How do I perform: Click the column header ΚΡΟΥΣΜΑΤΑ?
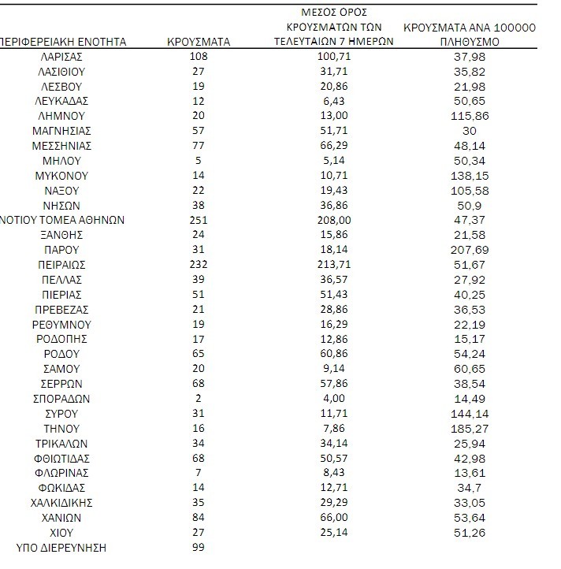tap(199, 42)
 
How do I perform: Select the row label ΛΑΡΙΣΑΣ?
tap(61, 57)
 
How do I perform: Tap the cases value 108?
tap(199, 57)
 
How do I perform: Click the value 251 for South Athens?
tap(199, 220)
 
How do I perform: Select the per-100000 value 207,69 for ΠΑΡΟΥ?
tap(469, 250)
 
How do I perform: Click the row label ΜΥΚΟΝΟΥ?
tap(61, 176)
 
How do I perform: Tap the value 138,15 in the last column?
tap(469, 176)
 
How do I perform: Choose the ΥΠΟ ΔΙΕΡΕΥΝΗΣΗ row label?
tap(61, 547)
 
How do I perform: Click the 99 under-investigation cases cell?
tap(199, 547)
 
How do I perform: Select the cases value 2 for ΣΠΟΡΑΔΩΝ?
tap(199, 398)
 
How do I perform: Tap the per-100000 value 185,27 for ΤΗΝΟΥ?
tap(469, 428)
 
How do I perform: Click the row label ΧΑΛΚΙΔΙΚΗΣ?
tap(61, 502)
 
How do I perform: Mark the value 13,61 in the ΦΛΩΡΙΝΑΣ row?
tap(469, 473)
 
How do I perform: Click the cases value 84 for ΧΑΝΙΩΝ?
tap(199, 517)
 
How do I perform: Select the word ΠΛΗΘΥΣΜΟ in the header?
tap(469, 42)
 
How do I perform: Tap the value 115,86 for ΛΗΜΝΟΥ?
tap(469, 116)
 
